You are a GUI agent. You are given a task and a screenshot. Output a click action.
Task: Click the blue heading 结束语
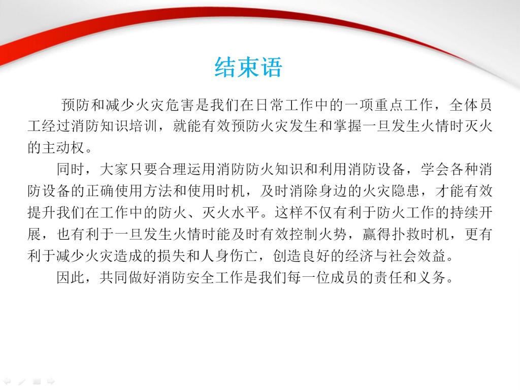248,68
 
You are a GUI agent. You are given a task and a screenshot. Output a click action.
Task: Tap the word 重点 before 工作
389,105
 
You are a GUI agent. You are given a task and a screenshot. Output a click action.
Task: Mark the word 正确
100,191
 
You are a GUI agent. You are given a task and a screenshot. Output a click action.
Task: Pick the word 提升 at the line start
42,212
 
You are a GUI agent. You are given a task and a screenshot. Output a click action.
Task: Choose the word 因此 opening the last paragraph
71,277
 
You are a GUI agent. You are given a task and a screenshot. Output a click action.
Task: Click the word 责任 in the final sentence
388,277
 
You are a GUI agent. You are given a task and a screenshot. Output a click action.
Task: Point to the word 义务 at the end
432,277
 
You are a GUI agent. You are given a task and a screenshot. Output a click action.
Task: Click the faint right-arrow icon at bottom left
51,381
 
